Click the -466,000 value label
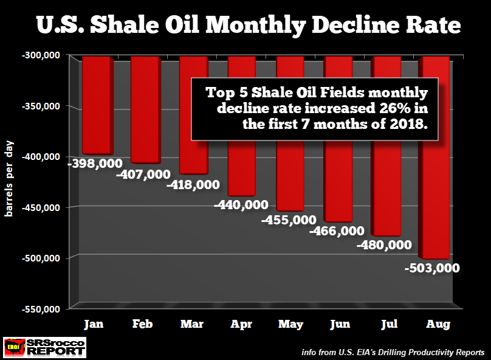point(337,231)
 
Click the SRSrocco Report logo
point(44,347)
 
